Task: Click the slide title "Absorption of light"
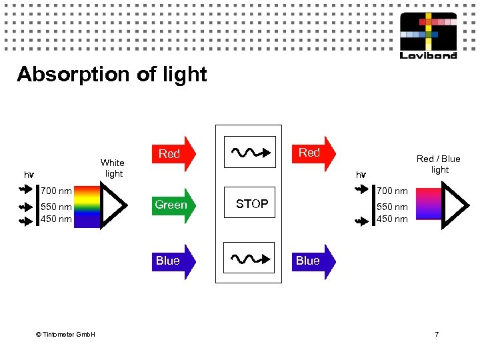112,74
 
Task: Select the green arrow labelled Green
172,205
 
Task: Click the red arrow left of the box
171,154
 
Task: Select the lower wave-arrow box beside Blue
249,258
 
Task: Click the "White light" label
112,168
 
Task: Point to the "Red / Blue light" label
438,164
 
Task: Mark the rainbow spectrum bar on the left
87,207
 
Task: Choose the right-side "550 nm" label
392,207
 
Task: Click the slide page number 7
437,333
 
